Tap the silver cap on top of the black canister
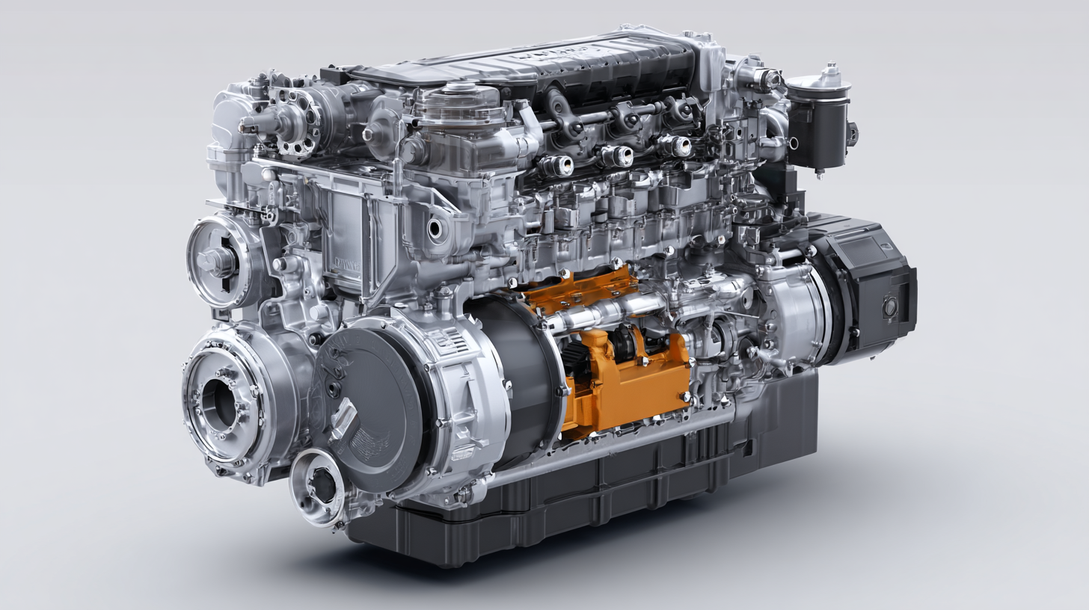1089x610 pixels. pos(829,74)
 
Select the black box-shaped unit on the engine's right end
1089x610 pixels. pos(868,292)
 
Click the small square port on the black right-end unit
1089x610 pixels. pos(891,307)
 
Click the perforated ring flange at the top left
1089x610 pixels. pos(295,120)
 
